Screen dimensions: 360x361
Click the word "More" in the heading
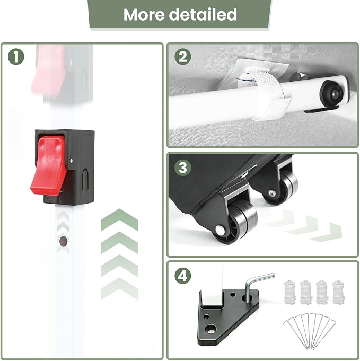[x=144, y=14]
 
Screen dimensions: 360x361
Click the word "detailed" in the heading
[x=203, y=14]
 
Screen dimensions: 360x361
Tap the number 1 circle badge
[x=16, y=57]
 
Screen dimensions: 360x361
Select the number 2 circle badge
[x=182, y=57]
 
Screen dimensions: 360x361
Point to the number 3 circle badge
[x=182, y=168]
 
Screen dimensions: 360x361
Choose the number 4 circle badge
[x=182, y=276]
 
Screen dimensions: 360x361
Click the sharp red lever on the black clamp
[x=49, y=165]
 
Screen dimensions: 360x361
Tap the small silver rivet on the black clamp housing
[x=71, y=161]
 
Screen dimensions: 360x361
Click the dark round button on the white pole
[x=63, y=241]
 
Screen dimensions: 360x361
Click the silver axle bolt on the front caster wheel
[x=219, y=230]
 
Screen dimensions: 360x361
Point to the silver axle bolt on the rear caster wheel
[x=272, y=193]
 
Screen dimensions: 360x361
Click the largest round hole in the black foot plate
[x=210, y=329]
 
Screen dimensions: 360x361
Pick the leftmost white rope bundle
[x=289, y=292]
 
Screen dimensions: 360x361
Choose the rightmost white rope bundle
[x=338, y=292]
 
